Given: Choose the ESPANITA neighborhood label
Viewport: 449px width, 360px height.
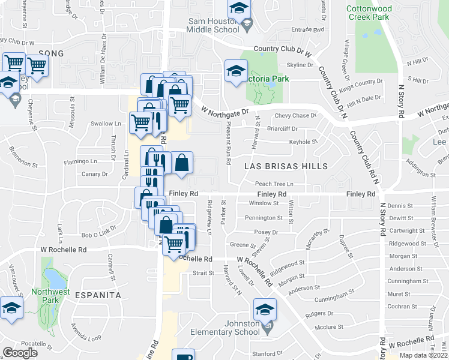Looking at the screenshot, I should [x=98, y=295].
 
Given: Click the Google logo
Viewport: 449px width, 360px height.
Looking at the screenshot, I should [x=20, y=353].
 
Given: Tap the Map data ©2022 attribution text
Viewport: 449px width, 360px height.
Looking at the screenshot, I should [x=423, y=355].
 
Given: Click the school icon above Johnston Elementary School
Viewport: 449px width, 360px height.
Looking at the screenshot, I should [x=264, y=310].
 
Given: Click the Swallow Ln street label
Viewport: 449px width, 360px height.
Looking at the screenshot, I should [x=106, y=124].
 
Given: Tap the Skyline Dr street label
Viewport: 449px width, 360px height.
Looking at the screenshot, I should [x=301, y=65].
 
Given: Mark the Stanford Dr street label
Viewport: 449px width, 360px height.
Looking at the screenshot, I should [x=268, y=353].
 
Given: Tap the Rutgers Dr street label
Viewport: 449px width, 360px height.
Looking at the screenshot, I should [x=319, y=314].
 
